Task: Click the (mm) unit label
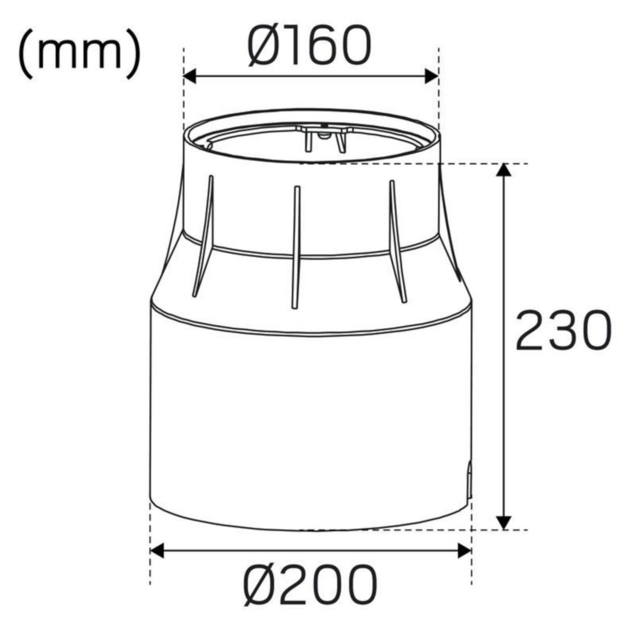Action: (80, 56)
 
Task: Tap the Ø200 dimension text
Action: (311, 586)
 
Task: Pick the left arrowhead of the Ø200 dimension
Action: (157, 550)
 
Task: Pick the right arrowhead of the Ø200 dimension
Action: (464, 550)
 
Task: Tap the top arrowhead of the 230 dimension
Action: (504, 171)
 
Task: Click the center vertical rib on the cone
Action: (296, 246)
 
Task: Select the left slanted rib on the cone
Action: (204, 236)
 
